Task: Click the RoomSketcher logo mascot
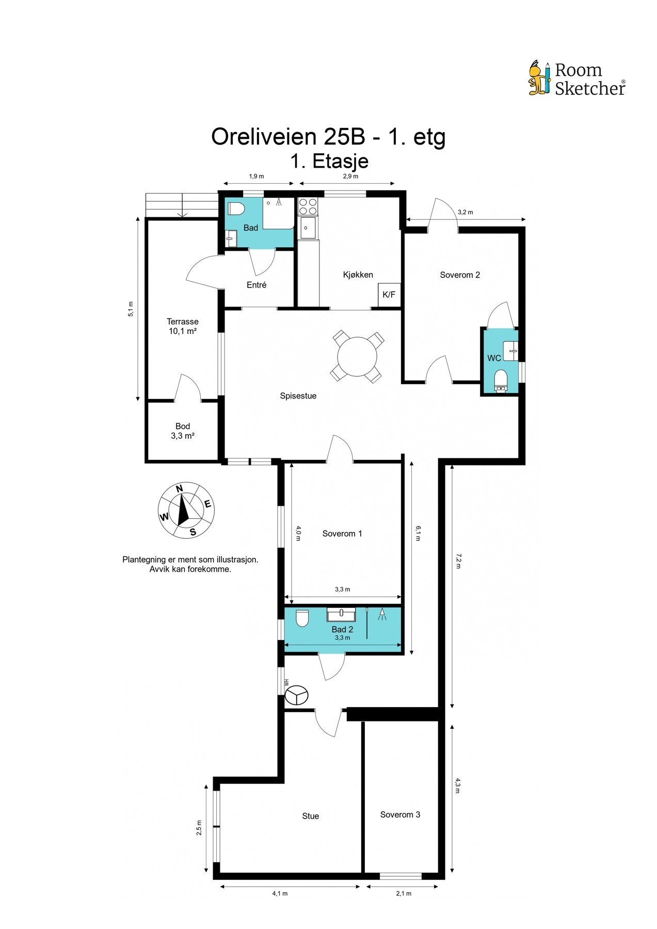539,78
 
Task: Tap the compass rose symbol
186,510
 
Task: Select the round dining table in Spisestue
357,356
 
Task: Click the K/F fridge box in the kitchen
389,295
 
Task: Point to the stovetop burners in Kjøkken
308,206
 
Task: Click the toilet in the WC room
501,380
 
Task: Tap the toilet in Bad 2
302,618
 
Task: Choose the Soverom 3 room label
400,814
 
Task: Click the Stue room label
311,816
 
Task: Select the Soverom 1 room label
342,534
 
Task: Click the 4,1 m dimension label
280,893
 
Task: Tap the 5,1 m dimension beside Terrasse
131,309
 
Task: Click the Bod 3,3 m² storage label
183,431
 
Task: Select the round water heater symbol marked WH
296,695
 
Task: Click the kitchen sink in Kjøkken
308,228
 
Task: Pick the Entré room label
257,285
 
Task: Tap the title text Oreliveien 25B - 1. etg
328,137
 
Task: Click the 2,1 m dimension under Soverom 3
404,893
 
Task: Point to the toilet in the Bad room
236,209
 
